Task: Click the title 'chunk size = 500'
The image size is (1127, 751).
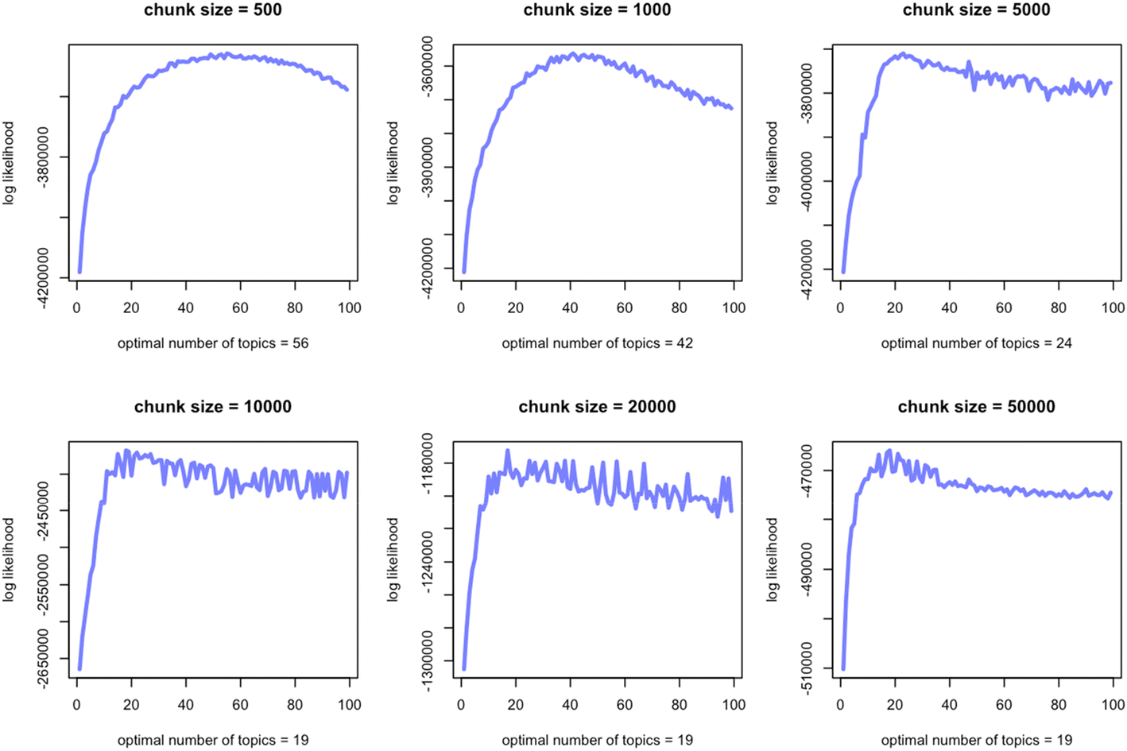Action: click(x=212, y=10)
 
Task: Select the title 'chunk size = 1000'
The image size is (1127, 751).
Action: click(x=597, y=10)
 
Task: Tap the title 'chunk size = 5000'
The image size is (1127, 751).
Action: click(x=976, y=10)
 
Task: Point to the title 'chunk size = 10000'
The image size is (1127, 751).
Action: click(x=212, y=407)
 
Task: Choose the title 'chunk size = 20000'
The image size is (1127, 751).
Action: click(x=597, y=407)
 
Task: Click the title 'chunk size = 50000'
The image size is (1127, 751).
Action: click(x=976, y=407)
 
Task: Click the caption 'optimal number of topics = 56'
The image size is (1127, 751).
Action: click(x=212, y=343)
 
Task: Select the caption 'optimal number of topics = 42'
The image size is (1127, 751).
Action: click(x=597, y=343)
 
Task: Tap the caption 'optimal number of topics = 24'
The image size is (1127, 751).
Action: click(x=976, y=343)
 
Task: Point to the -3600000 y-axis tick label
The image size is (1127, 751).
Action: click(x=427, y=67)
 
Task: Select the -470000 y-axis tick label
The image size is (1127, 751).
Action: click(x=806, y=471)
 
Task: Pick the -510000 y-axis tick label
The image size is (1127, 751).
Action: click(x=806, y=668)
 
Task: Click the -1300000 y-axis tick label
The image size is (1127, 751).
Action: click(x=427, y=661)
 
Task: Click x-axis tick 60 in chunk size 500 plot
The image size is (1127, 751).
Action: click(x=240, y=308)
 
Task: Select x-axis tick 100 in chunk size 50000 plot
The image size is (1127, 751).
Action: click(x=1112, y=704)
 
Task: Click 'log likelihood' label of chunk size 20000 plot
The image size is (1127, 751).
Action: click(x=393, y=559)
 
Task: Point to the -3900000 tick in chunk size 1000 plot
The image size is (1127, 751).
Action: click(x=427, y=167)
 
